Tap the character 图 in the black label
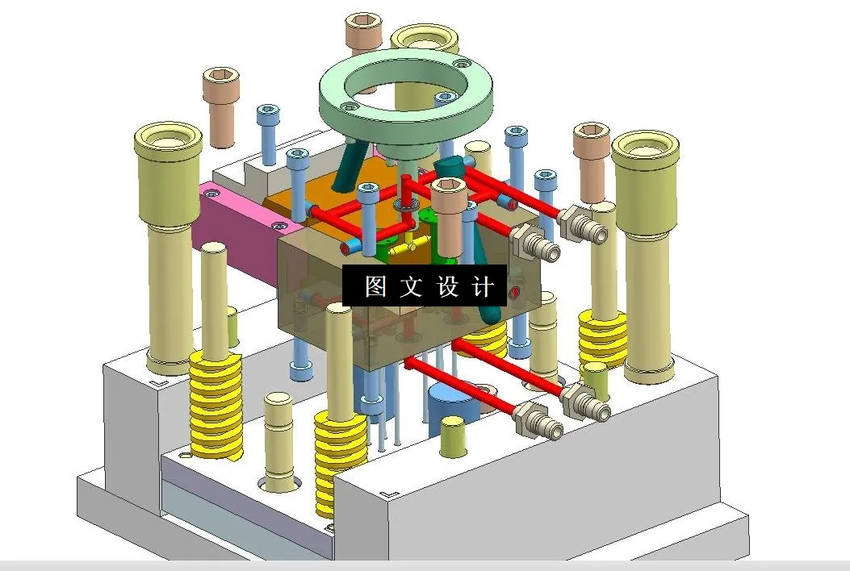[375, 286]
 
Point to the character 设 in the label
[448, 286]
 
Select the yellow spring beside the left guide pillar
[216, 403]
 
